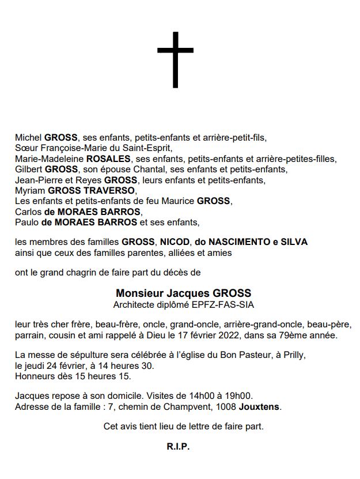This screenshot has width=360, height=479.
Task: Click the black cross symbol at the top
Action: pyautogui.click(x=175, y=59)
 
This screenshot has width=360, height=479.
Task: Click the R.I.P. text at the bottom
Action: pyautogui.click(x=178, y=447)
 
